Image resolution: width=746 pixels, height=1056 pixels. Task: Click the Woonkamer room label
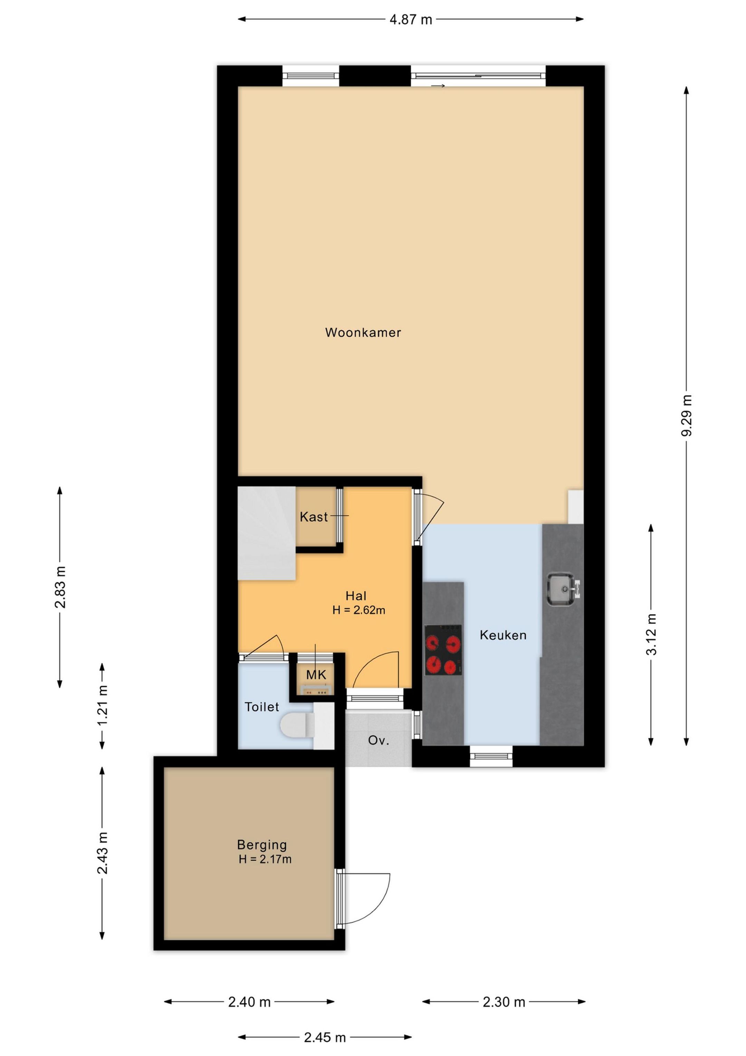[x=363, y=333]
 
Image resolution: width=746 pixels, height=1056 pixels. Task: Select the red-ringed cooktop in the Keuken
[x=443, y=650]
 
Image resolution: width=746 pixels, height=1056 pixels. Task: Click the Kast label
[x=314, y=517]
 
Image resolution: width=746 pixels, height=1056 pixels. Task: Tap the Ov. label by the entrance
[x=379, y=740]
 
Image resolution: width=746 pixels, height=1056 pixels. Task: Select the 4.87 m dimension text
[x=411, y=19]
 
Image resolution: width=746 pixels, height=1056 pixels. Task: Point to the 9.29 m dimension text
[x=687, y=415]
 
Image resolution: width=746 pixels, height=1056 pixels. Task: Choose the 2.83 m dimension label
[x=60, y=587]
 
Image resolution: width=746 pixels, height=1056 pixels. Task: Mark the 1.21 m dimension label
[x=102, y=705]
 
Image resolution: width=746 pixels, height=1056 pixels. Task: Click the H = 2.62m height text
[x=358, y=610]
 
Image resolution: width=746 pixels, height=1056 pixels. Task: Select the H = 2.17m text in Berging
[x=265, y=859]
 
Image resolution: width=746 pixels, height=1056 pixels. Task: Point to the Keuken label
[x=503, y=635]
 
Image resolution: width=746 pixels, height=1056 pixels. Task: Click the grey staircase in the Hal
[x=266, y=533]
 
